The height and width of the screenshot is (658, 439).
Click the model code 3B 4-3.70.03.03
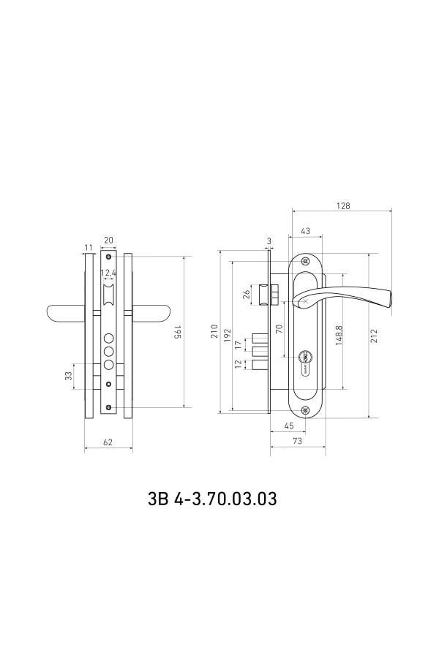(x=213, y=499)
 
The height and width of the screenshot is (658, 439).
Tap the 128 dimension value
(x=343, y=205)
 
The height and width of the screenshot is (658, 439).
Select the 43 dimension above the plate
(x=305, y=231)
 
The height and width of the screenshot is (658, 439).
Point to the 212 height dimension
(x=375, y=336)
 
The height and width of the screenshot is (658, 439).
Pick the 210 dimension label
(x=214, y=331)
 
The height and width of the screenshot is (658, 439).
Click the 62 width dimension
(x=108, y=442)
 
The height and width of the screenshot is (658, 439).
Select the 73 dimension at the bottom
(x=297, y=441)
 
